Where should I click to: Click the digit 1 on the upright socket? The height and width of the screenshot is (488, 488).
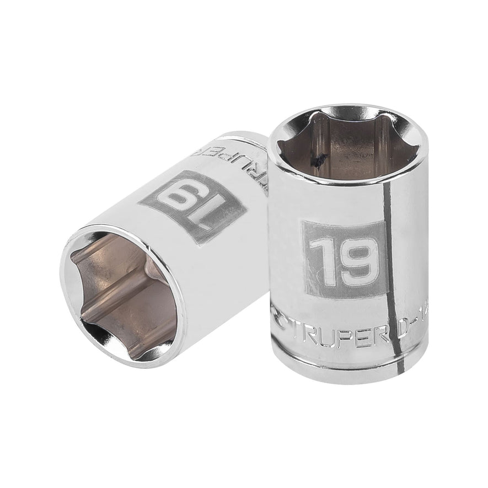click(319, 255)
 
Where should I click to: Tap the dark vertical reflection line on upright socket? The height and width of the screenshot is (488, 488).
click(395, 276)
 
